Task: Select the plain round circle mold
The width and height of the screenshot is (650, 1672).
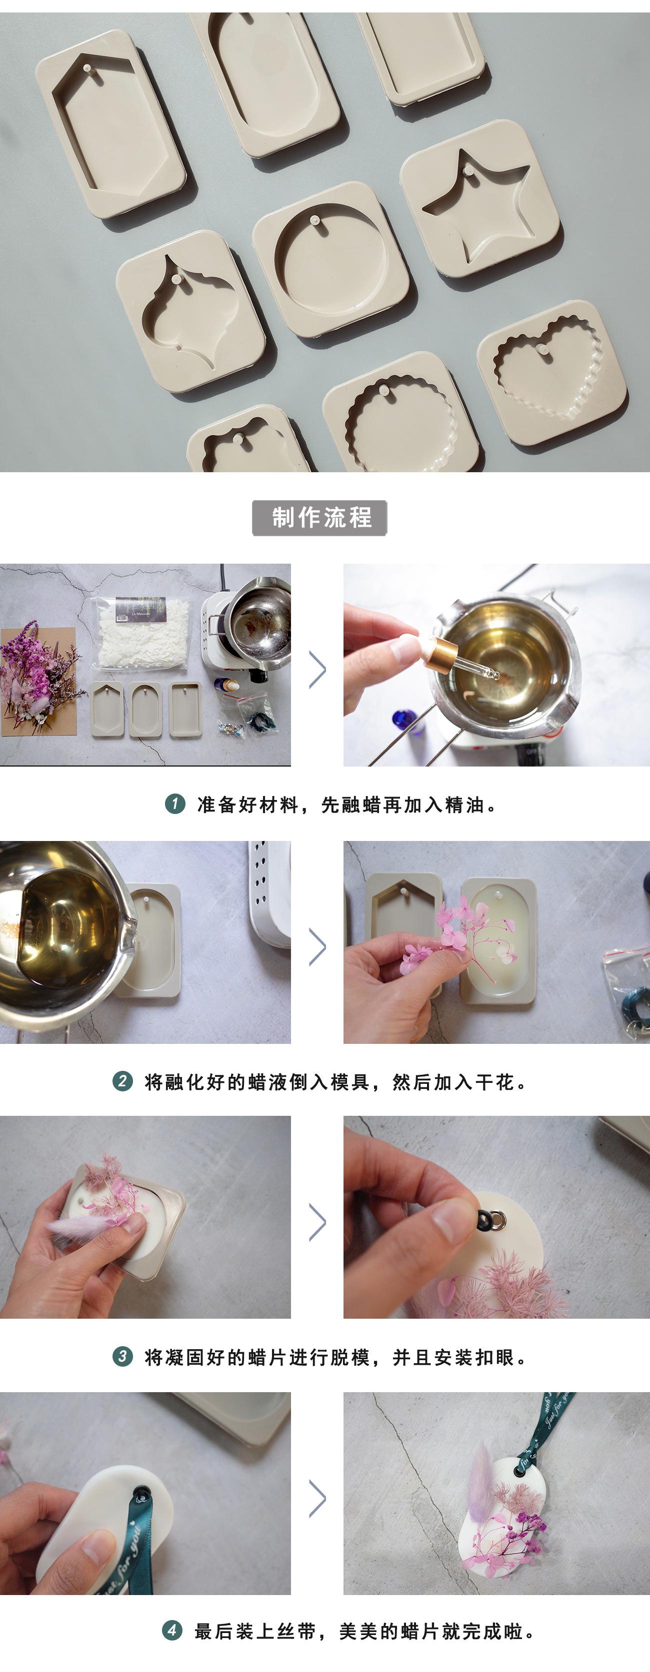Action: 331,260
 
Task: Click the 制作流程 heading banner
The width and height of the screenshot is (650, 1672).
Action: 319,517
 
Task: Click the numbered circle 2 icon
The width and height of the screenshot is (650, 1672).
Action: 122,1081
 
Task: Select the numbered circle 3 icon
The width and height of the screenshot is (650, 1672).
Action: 122,1357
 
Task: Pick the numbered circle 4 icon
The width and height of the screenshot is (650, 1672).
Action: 171,1631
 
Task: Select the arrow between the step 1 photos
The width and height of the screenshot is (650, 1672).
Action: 317,669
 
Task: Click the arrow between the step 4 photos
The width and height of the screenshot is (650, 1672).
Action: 317,1499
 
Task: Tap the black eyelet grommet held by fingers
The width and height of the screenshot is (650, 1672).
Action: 486,1218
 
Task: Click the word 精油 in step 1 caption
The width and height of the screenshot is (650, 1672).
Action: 465,805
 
